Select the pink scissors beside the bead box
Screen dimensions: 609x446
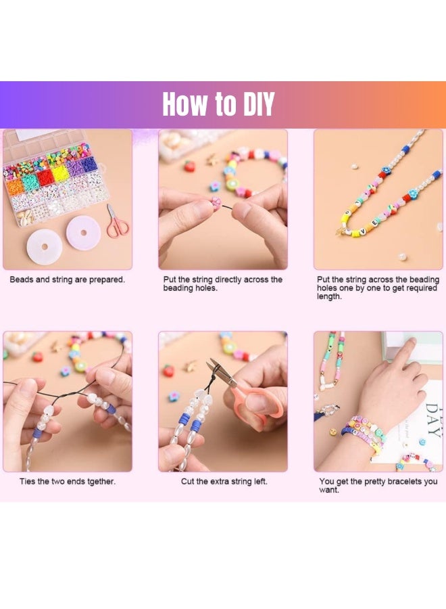tap(117, 223)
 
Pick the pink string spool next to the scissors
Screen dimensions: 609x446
tap(82, 233)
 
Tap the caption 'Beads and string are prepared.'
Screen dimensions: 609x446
tap(67, 279)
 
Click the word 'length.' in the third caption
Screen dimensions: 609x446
tap(329, 297)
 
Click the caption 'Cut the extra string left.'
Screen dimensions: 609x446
tap(224, 481)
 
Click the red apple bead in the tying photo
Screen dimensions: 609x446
tap(37, 357)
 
